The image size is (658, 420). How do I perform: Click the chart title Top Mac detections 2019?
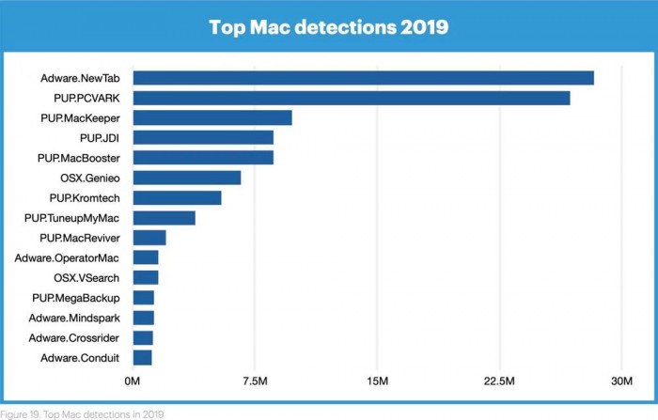(328, 27)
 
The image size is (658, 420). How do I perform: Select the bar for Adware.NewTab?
(363, 78)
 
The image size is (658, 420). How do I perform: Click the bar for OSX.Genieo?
(186, 178)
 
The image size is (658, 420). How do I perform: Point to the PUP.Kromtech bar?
(177, 197)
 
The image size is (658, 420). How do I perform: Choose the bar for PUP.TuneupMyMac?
(164, 218)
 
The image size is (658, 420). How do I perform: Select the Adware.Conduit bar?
(142, 357)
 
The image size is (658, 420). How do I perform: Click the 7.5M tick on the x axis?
(254, 381)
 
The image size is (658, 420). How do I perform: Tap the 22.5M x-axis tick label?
(498, 381)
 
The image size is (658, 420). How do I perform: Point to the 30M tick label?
(621, 381)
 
